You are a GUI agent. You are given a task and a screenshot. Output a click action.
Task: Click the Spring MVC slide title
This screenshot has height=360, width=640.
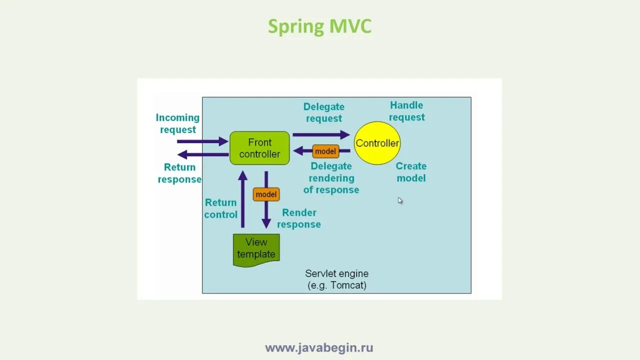point(319,26)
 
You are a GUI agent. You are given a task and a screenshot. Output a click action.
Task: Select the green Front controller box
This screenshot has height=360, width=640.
point(259,148)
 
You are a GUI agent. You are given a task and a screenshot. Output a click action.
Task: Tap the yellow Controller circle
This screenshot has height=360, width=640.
point(377,143)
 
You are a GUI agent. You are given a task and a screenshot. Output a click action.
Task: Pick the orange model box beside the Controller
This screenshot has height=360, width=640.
point(325,151)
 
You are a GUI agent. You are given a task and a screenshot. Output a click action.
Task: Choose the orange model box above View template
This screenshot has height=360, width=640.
point(266,194)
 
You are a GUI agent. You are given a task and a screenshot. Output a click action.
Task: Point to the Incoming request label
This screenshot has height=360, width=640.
point(177,123)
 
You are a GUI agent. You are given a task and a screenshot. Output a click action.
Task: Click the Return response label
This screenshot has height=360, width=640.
point(179,173)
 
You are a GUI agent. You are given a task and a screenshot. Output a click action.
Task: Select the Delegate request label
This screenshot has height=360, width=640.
point(324,112)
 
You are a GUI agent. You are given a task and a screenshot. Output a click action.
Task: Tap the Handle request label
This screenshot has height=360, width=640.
point(407,111)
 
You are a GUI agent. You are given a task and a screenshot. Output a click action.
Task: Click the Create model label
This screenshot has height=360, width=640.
point(411,172)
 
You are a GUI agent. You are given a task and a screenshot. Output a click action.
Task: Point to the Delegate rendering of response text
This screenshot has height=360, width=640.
point(331,178)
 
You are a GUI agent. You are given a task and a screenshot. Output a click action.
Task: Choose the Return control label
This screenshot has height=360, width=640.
point(220,208)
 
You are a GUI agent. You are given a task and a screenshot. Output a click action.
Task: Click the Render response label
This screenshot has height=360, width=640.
point(299,218)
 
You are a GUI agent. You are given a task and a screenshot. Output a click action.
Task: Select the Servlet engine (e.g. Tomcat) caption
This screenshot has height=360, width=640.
point(336,279)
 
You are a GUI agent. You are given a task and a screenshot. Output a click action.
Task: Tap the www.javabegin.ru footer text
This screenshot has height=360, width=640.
point(319,347)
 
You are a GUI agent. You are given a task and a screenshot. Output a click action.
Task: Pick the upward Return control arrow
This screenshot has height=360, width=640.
point(242,199)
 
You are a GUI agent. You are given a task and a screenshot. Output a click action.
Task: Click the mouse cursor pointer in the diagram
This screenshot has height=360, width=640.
point(400,200)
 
